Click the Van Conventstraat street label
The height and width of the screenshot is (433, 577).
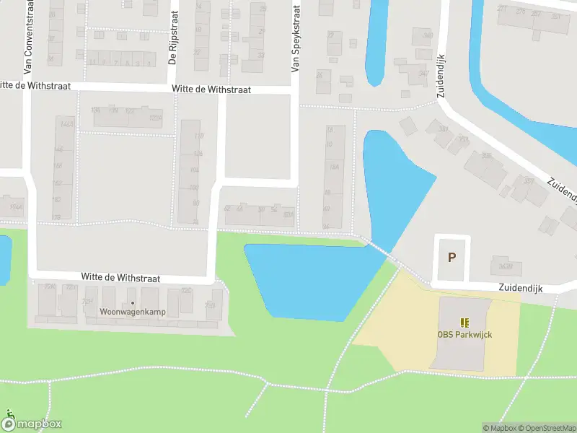click(29, 38)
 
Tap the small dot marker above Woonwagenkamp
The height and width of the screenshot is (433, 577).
click(132, 303)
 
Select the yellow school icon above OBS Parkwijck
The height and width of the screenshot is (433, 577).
click(464, 323)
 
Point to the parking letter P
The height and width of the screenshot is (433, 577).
click(452, 257)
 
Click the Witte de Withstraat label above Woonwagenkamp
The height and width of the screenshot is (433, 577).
click(120, 277)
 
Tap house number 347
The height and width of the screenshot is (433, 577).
click(424, 72)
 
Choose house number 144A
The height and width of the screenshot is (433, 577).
click(67, 124)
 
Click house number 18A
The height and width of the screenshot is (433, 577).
click(334, 167)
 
